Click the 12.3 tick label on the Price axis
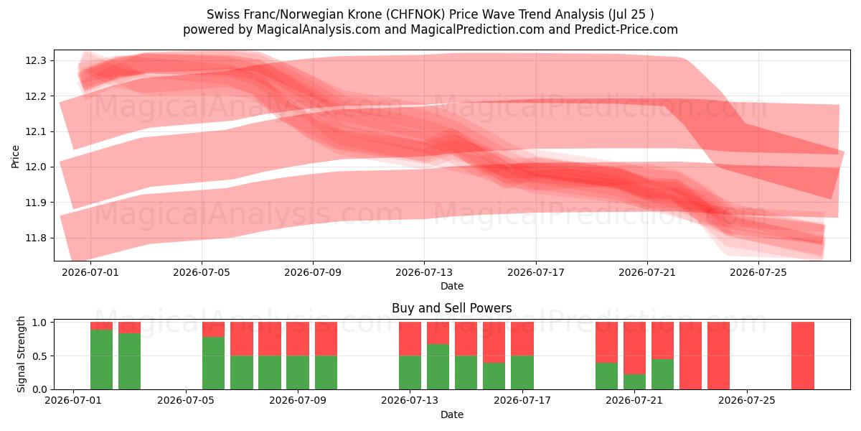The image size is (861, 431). click(36, 61)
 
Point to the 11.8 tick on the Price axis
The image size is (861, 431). click(36, 238)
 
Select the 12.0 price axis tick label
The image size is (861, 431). click(36, 167)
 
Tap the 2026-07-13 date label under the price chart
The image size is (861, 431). click(424, 272)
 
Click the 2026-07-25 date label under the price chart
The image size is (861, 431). click(758, 272)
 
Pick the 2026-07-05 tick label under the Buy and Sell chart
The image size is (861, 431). click(186, 401)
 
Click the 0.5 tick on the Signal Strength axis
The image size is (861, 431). click(39, 356)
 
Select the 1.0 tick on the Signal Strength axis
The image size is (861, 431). click(39, 323)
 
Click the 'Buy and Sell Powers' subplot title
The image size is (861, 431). click(451, 308)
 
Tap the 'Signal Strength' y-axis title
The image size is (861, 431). click(21, 354)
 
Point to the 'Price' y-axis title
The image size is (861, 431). click(15, 157)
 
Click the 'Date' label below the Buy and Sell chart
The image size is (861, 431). click(451, 414)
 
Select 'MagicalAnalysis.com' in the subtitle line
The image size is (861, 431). click(319, 29)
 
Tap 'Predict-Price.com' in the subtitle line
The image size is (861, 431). click(626, 29)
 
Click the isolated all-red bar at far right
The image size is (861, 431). click(803, 356)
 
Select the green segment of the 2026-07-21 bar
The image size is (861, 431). click(634, 381)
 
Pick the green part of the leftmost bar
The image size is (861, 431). click(101, 359)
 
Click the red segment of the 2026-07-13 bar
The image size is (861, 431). click(410, 339)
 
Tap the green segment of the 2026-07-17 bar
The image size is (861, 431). click(522, 373)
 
